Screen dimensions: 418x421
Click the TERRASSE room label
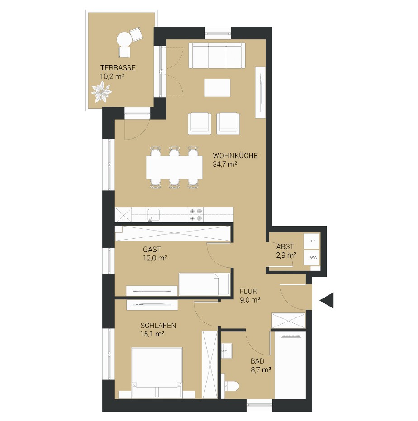[118, 68]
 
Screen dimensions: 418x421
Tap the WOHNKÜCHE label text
[235, 156]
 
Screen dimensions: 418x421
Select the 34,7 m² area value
[224, 164]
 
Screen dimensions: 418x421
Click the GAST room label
[152, 250]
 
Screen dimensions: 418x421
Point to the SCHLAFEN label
[158, 326]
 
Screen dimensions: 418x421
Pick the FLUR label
[248, 291]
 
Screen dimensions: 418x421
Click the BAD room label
[257, 361]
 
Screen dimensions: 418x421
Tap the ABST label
[285, 246]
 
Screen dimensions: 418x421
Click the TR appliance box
[312, 241]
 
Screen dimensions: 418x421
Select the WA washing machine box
[312, 257]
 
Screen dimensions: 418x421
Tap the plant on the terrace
[101, 92]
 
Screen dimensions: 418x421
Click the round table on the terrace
[125, 39]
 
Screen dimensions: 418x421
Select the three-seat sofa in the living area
[217, 55]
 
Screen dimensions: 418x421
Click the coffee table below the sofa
[217, 88]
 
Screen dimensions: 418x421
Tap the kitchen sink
[153, 215]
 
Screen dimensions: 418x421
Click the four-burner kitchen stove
[195, 215]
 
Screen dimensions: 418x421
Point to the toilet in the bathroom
[231, 386]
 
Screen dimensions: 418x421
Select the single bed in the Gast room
[204, 284]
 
